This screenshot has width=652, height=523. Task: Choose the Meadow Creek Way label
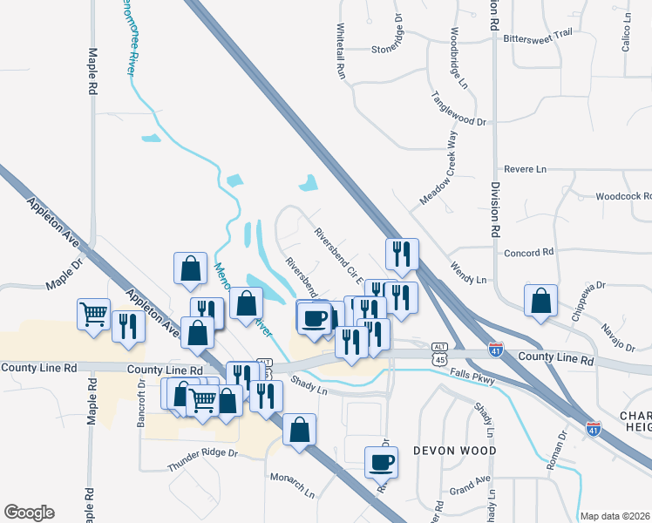[x=438, y=169]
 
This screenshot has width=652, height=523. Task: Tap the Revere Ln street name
[x=525, y=168]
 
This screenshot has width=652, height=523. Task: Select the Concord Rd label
[x=529, y=253]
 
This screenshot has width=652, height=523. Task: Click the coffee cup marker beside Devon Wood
[x=382, y=462]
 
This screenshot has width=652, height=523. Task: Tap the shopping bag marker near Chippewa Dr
[x=541, y=300]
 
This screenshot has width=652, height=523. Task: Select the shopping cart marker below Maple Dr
[x=93, y=314]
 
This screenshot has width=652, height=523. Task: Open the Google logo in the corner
[x=29, y=513]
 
